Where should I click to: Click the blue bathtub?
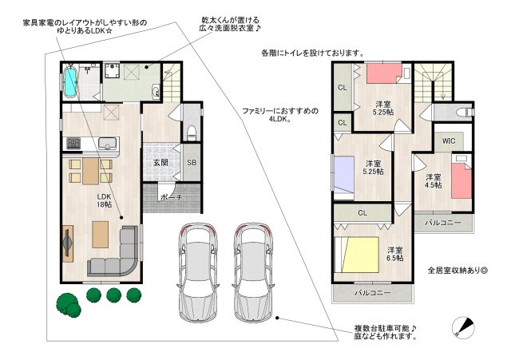pyautogui.click(x=70, y=81)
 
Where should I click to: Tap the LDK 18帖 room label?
pyautogui.click(x=105, y=200)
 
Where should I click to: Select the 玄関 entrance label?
pyautogui.click(x=160, y=162)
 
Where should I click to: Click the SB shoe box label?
pyautogui.click(x=192, y=162)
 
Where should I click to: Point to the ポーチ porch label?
pyautogui.click(x=172, y=197)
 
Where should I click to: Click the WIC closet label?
pyautogui.click(x=449, y=141)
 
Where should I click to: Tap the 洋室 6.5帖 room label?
pyautogui.click(x=395, y=254)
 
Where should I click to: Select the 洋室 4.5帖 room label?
pyautogui.click(x=434, y=181)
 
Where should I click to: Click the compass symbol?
pyautogui.click(x=463, y=327)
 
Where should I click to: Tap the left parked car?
pyautogui.click(x=199, y=273)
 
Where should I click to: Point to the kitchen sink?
pyautogui.click(x=107, y=144)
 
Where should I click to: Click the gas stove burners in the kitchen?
pyautogui.click(x=73, y=144)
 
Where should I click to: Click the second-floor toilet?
pyautogui.click(x=464, y=113)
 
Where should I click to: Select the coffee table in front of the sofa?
pyautogui.click(x=101, y=235)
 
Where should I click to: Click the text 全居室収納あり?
pyautogui.click(x=454, y=270)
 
